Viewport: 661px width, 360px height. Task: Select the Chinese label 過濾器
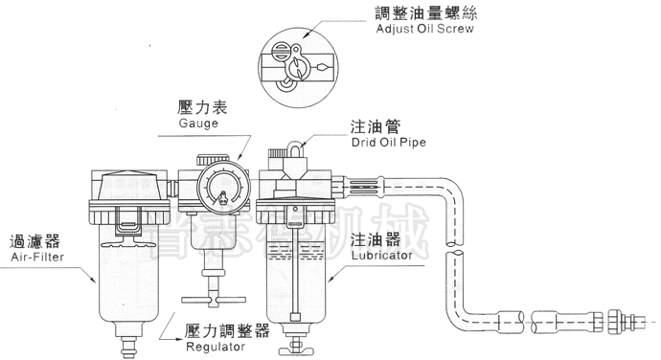coord(28,240)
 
